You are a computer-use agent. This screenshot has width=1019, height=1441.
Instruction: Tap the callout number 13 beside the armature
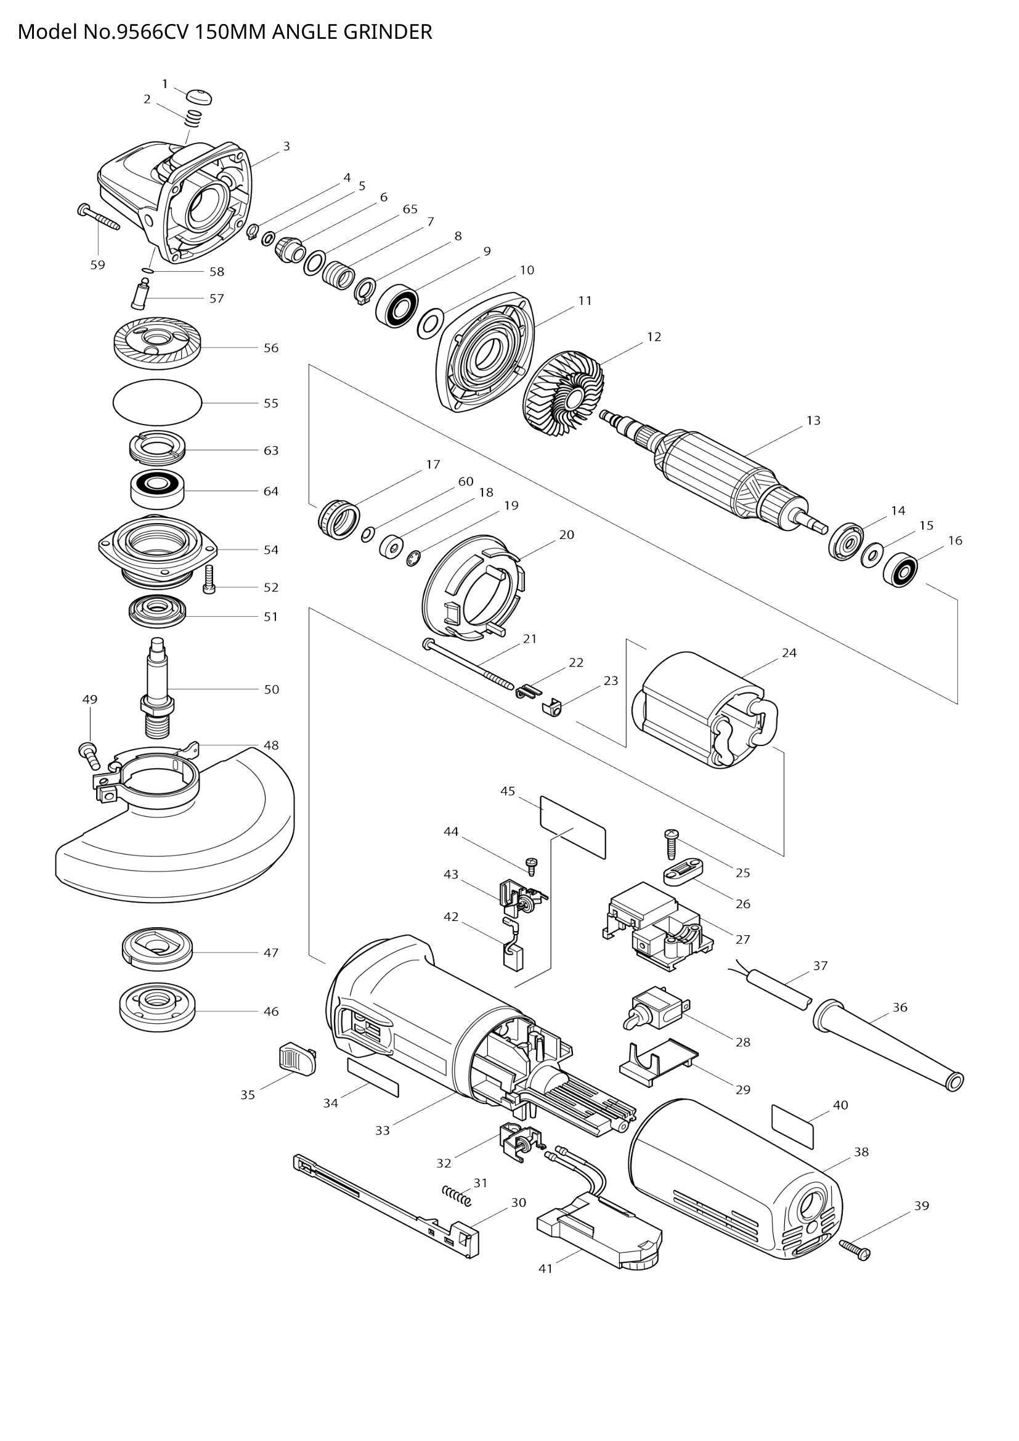[x=813, y=421]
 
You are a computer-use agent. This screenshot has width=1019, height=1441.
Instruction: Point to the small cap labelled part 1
[x=200, y=97]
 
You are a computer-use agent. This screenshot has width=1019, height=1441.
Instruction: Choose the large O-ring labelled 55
[x=158, y=403]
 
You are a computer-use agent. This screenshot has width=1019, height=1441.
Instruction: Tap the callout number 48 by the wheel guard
[x=271, y=745]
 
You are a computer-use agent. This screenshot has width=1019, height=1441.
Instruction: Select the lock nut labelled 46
[x=158, y=1011]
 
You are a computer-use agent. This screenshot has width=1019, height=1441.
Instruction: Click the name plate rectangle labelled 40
[x=792, y=1127]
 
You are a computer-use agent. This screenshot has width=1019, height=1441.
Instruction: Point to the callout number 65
[x=410, y=209]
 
